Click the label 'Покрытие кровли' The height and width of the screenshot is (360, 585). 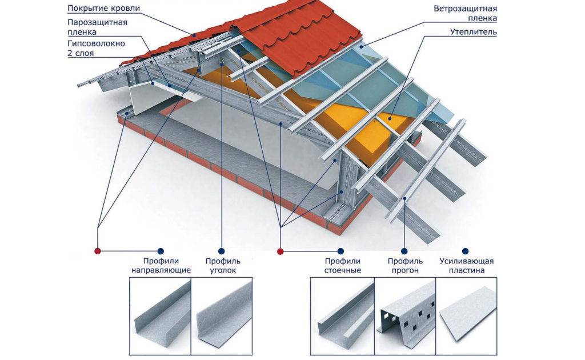point(103,9)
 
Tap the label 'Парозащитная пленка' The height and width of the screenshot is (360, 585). point(97,27)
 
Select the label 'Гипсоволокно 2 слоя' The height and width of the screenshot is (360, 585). point(95,48)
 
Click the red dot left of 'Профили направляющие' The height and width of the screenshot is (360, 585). point(97,251)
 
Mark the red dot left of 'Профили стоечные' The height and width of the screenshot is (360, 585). point(280,251)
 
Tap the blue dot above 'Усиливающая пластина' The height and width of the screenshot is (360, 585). point(466,251)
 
